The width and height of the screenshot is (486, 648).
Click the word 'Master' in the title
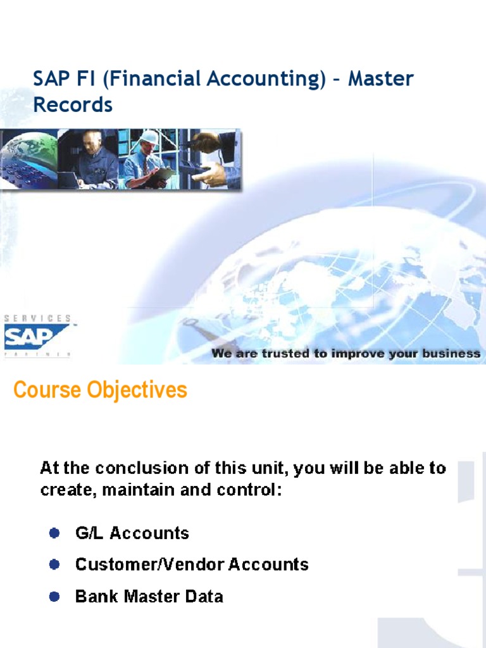(x=381, y=79)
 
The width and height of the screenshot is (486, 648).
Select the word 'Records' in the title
(x=73, y=105)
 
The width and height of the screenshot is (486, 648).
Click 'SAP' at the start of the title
(x=49, y=79)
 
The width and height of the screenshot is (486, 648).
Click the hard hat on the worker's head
(x=149, y=137)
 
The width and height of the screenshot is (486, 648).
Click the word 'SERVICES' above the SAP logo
(x=37, y=318)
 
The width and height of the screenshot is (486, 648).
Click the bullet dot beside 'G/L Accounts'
(x=54, y=533)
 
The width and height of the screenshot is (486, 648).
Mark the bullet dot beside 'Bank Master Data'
(x=54, y=596)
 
